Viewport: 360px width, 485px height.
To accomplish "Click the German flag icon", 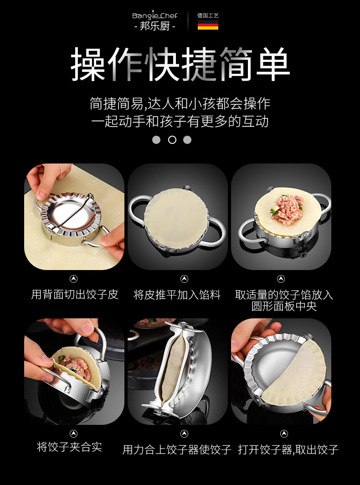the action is coord(208,25).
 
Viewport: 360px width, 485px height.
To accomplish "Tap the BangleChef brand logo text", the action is coord(155,15).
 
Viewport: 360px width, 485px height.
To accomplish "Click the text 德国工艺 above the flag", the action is coord(208,15).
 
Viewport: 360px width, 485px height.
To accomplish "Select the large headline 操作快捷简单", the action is coord(180,64).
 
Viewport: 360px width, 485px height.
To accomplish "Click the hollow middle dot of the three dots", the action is coord(172,140).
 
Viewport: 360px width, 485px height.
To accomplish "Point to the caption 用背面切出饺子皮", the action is coord(75,295).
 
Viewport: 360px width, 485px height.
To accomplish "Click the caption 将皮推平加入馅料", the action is coord(177,295).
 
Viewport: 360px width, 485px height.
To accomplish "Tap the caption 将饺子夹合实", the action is coord(69,447).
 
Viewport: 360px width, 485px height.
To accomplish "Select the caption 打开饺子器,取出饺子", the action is coord(288,449).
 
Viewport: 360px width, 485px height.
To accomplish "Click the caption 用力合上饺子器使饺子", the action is coord(177,449).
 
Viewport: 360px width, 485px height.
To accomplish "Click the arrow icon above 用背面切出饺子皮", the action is coord(73,279).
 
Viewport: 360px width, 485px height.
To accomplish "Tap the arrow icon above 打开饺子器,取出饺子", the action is coord(284,434).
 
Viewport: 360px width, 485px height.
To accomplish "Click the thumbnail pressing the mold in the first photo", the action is coord(41,195).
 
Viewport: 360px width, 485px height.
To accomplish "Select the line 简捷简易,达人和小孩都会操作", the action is coord(180,104).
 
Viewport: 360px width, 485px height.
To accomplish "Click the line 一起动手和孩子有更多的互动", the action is coord(180,121).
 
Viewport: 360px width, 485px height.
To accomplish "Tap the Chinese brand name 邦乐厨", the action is coord(155,26).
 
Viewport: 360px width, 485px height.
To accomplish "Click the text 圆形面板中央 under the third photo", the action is coord(284,306).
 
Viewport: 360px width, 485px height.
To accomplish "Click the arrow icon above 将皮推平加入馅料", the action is coord(184,279).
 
